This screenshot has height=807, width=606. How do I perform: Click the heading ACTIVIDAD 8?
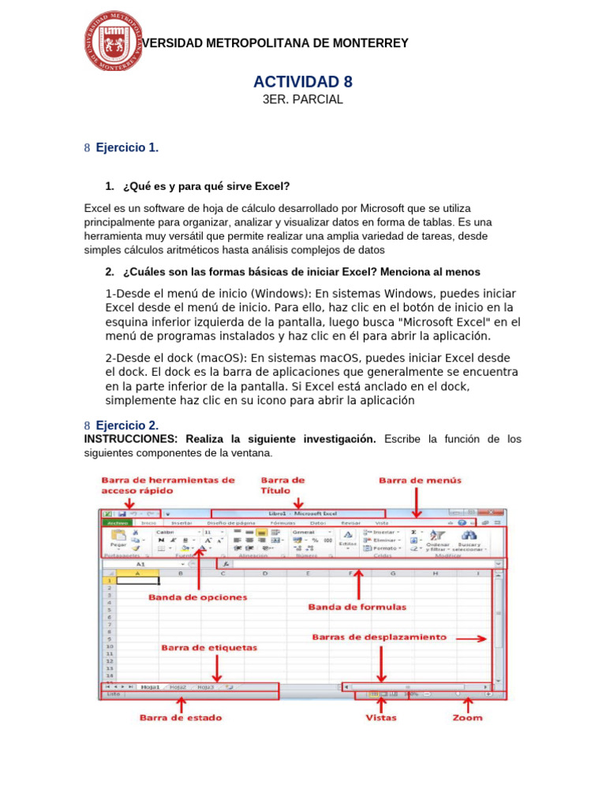tap(302, 82)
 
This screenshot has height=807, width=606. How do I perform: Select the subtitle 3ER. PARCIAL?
tap(302, 100)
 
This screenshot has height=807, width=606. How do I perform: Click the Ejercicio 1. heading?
tap(127, 147)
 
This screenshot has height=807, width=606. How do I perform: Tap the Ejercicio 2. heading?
tap(127, 426)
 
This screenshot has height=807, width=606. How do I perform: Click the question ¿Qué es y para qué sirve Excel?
tap(206, 187)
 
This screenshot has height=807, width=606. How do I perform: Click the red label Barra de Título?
tap(282, 485)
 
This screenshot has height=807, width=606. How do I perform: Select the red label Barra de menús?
tap(420, 480)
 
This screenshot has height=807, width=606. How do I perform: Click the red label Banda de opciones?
tap(198, 597)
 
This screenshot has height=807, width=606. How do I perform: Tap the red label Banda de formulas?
tap(357, 607)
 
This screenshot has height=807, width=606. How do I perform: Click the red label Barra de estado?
tap(181, 718)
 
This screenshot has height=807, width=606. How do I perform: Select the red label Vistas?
tap(380, 718)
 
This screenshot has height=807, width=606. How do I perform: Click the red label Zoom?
tap(467, 718)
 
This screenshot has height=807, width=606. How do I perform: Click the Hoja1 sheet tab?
tap(150, 686)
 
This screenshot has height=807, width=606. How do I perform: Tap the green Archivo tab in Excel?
tap(117, 523)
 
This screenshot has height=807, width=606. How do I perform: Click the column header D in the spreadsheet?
tap(265, 573)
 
